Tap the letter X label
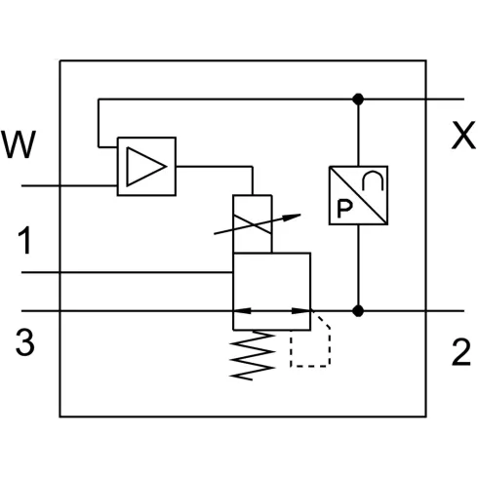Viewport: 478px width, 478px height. click(462, 138)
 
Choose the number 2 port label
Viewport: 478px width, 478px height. click(461, 352)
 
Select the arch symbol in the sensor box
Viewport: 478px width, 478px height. click(375, 179)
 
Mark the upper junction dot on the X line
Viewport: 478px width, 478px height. click(360, 99)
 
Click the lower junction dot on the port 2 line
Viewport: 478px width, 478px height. click(360, 311)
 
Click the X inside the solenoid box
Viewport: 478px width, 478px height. click(253, 221)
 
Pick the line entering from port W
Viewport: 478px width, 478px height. click(68, 183)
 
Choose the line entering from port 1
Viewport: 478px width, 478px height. click(127, 272)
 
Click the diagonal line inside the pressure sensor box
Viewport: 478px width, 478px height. click(360, 194)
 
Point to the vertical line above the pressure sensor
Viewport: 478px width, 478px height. click(360, 132)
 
